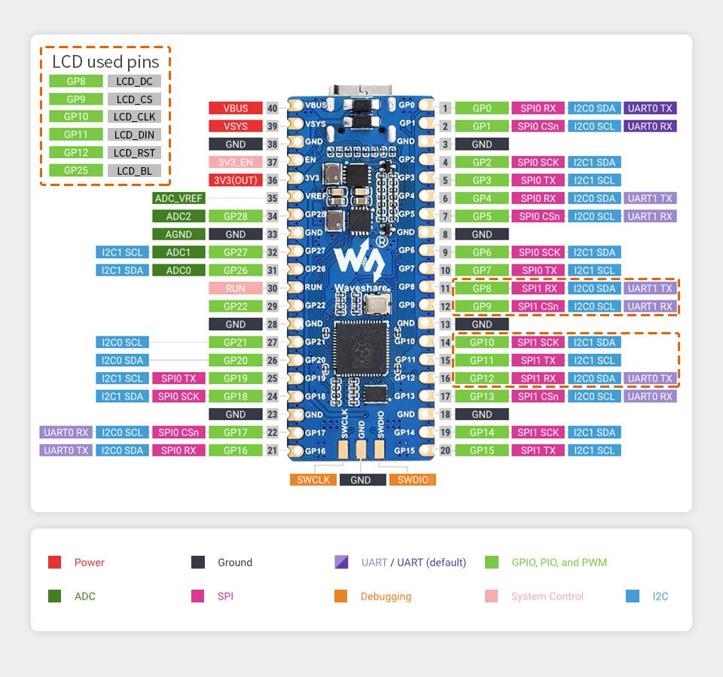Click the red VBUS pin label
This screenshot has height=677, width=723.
click(236, 108)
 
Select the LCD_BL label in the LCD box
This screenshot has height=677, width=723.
click(134, 170)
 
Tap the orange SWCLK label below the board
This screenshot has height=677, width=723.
click(313, 480)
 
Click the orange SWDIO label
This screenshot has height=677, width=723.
click(412, 480)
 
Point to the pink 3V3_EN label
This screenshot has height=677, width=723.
click(236, 162)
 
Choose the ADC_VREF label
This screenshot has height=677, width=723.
click(178, 198)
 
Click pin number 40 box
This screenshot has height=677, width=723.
click(272, 108)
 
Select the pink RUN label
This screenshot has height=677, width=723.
click(236, 288)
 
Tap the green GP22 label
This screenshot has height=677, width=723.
click(236, 306)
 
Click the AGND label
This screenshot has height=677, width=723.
click(178, 234)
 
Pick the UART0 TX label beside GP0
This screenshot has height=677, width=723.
click(650, 108)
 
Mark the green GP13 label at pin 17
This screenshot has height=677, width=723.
click(482, 396)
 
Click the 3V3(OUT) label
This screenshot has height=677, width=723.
click(236, 180)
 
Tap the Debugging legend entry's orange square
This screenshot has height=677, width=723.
click(340, 596)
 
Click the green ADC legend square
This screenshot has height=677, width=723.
click(54, 596)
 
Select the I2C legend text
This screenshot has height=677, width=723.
click(660, 596)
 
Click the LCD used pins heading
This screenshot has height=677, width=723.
click(105, 62)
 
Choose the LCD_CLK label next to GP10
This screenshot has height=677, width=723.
click(134, 117)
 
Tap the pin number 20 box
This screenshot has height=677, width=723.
click(445, 450)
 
